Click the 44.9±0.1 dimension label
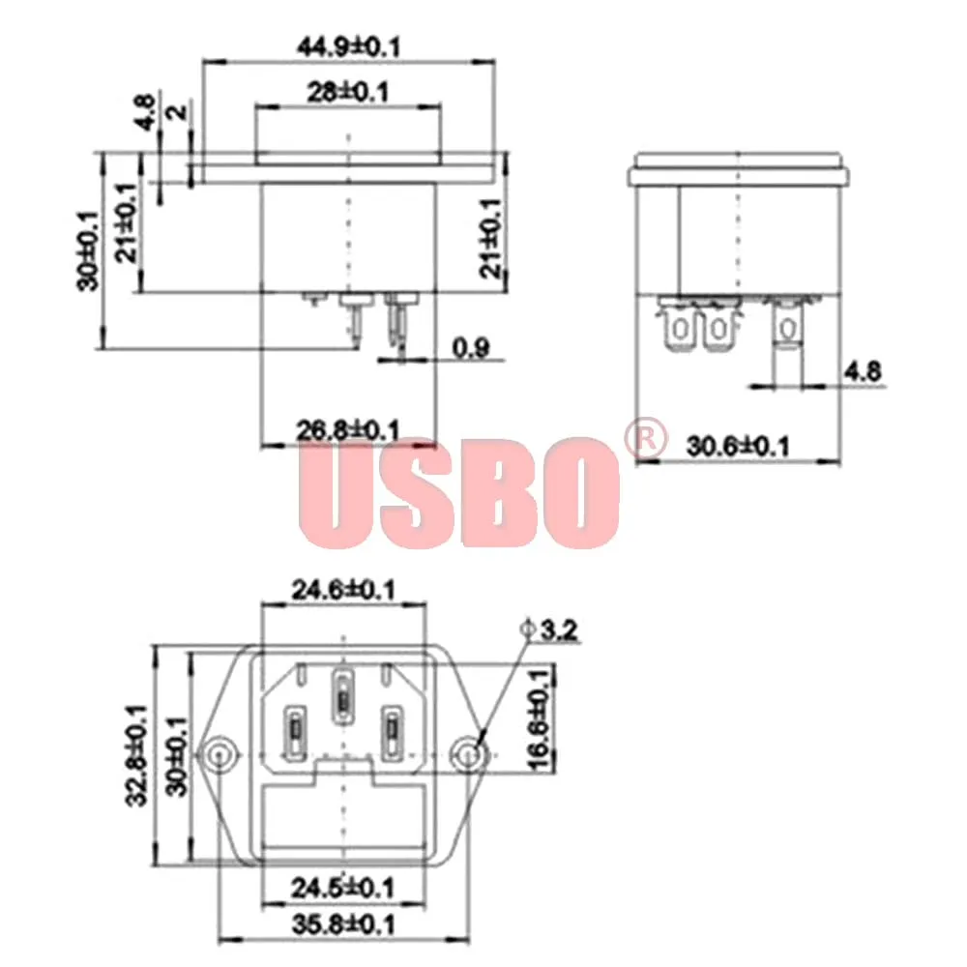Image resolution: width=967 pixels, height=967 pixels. pos(348,46)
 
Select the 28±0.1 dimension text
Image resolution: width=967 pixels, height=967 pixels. pos(348,93)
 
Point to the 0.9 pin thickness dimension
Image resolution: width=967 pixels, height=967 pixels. pos(471,348)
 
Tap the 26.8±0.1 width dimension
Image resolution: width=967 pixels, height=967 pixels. pos(348,429)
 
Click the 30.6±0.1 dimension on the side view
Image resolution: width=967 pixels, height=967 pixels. pos(738,446)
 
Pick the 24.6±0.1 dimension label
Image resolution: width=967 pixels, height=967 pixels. pos(343,590)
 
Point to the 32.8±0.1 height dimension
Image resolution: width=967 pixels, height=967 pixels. pos(136,755)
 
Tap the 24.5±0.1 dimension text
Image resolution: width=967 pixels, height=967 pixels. pos(343,888)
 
